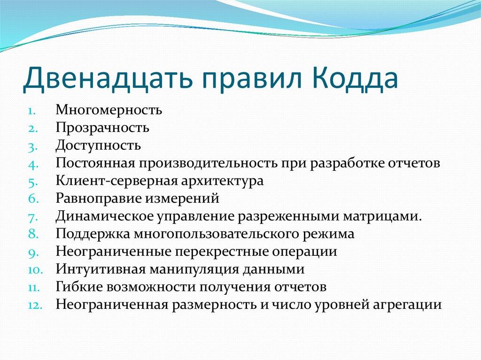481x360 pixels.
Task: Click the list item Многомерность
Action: coord(109,110)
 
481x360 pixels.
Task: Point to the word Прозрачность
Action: coord(102,127)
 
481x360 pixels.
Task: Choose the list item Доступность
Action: coord(98,145)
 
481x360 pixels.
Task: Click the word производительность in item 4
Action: coord(209,163)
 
